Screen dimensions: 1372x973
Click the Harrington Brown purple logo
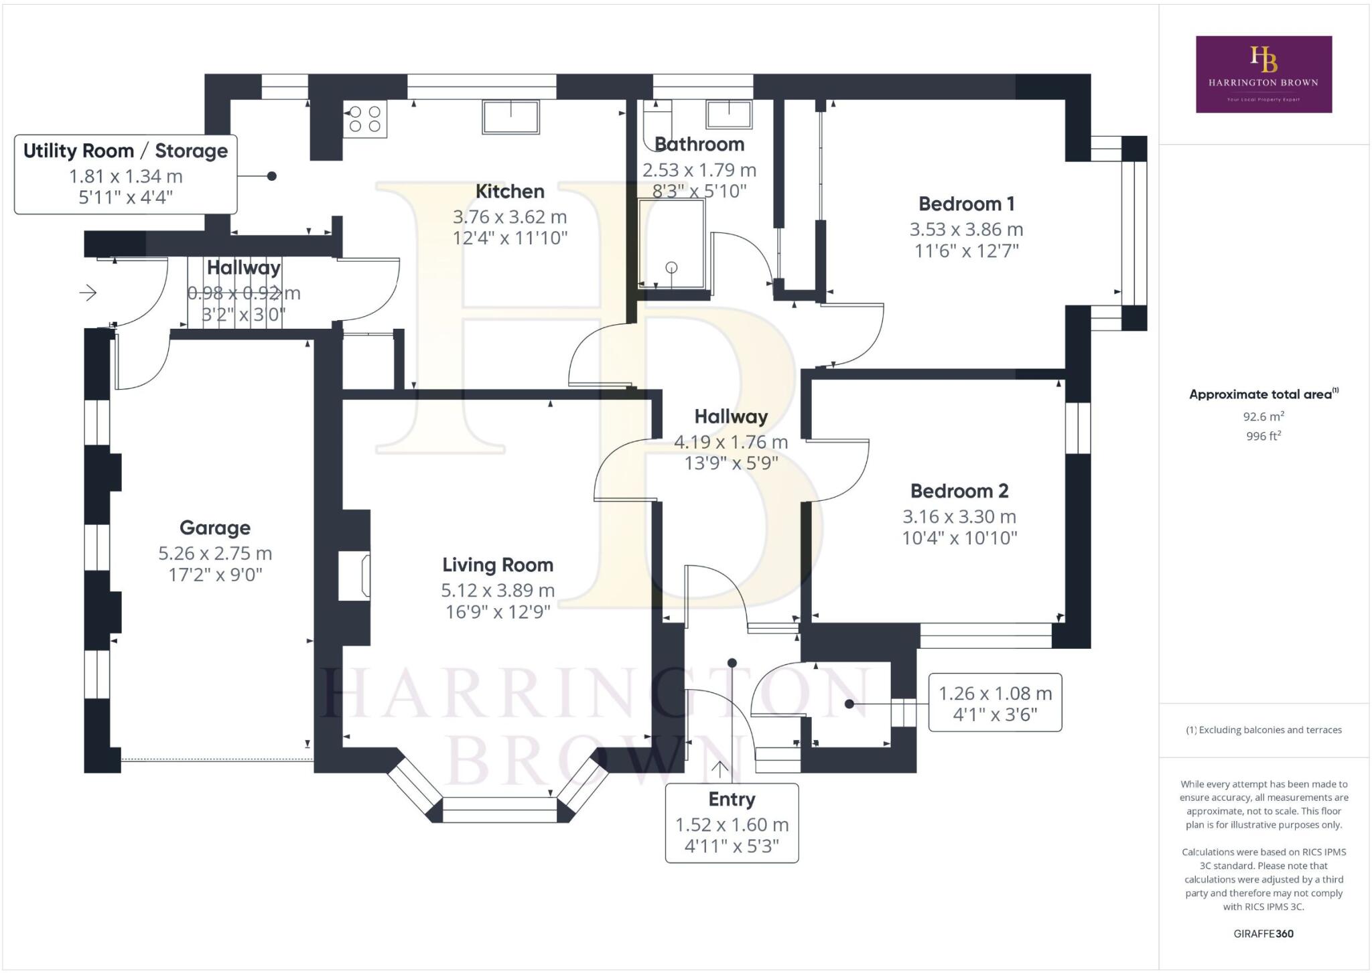(1263, 74)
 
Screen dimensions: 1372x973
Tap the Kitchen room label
(509, 192)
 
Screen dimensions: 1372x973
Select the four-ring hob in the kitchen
(365, 119)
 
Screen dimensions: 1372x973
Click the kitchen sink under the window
(510, 117)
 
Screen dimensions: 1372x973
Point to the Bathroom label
(699, 145)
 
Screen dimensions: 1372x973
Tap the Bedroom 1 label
(966, 204)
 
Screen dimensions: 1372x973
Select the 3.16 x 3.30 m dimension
(959, 517)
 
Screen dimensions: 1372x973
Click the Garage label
(215, 528)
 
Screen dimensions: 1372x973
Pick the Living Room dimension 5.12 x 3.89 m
(497, 591)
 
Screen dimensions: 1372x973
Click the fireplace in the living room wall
(355, 575)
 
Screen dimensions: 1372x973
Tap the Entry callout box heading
(732, 800)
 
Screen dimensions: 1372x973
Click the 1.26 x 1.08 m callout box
(995, 702)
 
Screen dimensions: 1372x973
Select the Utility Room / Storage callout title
(125, 151)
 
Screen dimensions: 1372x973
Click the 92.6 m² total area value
(1263, 417)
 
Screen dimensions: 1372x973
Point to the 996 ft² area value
(1263, 437)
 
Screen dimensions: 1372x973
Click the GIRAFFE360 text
(1263, 933)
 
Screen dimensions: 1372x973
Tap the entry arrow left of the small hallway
(88, 293)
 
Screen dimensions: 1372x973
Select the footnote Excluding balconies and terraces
(1263, 730)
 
